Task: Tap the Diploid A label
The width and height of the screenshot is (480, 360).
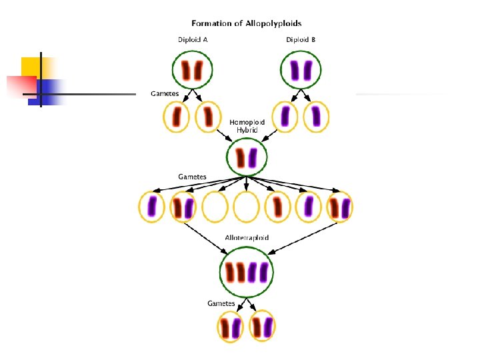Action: tap(193, 39)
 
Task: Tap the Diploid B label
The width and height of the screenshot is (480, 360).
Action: tap(301, 39)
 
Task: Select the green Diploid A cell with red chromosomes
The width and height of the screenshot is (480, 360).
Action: tap(193, 69)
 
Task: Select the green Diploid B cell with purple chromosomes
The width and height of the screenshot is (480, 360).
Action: tap(301, 69)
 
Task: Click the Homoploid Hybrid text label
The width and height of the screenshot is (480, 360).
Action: tap(247, 126)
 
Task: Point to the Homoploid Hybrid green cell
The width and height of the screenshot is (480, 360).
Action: tap(247, 158)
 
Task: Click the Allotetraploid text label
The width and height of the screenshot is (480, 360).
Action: tap(247, 238)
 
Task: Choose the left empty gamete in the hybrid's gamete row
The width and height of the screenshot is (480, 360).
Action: tap(215, 207)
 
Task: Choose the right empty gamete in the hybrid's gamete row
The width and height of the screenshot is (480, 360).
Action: tap(247, 207)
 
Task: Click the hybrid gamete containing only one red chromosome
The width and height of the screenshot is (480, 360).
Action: tap(278, 207)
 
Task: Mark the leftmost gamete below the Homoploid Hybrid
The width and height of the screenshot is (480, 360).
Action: tap(152, 207)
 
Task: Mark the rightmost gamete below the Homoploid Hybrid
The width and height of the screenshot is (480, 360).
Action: tap(340, 207)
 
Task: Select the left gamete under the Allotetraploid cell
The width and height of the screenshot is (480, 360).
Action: tap(231, 327)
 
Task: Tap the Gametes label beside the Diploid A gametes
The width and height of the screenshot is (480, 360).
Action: tap(165, 93)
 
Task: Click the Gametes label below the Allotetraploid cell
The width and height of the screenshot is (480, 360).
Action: tap(221, 303)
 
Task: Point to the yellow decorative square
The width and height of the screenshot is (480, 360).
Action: tap(33, 67)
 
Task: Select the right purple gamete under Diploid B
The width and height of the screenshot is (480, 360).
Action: tap(315, 117)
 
